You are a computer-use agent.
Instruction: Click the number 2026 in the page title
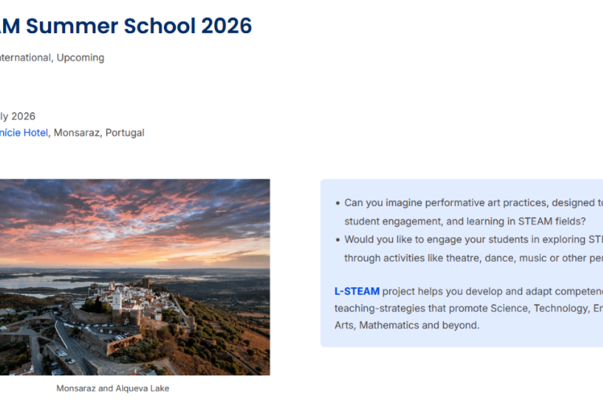point(226,26)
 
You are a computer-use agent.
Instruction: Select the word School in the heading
point(159,26)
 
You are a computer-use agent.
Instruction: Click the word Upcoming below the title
point(80,58)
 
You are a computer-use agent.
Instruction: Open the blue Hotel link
point(36,133)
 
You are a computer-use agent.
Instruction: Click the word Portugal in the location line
point(125,133)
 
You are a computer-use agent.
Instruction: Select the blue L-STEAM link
point(357,291)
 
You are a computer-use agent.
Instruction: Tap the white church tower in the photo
point(116,298)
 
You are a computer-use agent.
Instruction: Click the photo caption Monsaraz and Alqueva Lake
point(113,389)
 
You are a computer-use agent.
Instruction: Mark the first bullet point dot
point(338,203)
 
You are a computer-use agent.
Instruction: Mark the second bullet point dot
point(338,240)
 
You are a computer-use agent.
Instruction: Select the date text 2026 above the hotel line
point(23,116)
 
